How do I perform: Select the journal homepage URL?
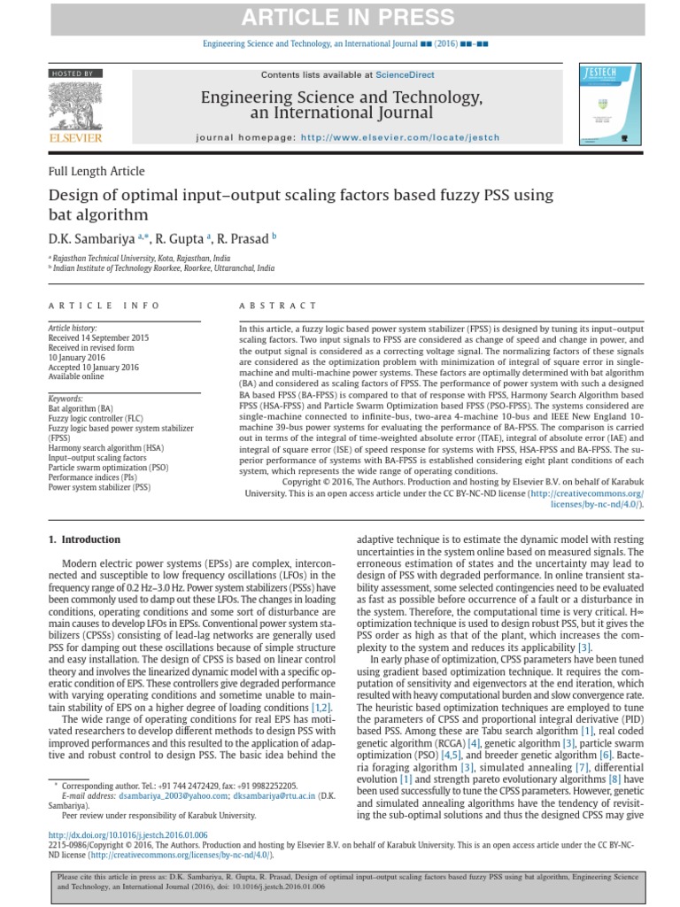pyautogui.click(x=400, y=137)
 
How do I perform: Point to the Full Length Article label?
pyautogui.click(x=97, y=171)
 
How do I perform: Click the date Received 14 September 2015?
pyautogui.click(x=98, y=337)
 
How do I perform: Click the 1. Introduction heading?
pyautogui.click(x=84, y=539)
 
